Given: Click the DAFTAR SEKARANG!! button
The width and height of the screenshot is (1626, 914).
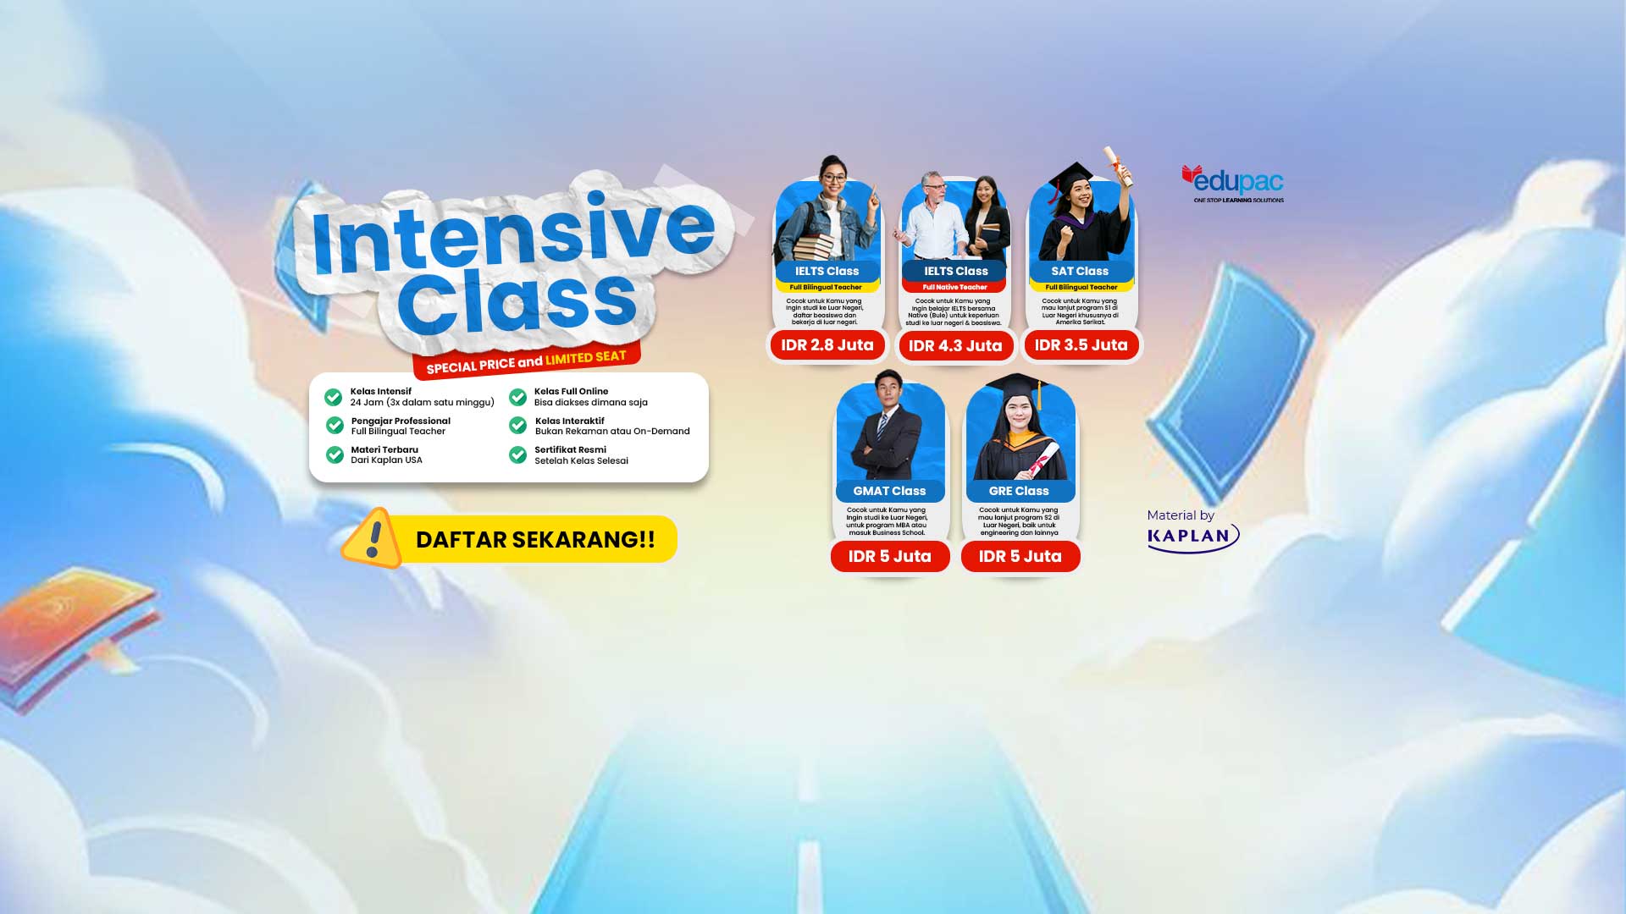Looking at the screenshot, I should [x=535, y=539].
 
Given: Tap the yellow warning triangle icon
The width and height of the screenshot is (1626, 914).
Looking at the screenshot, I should [x=373, y=538].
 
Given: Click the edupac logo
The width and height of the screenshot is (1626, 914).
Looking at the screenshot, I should [x=1233, y=183].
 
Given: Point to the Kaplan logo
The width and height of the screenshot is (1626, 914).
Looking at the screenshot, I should [x=1192, y=537].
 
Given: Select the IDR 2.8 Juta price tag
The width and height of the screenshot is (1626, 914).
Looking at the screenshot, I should [x=827, y=345].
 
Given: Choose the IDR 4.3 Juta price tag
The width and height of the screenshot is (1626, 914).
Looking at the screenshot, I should [x=955, y=346].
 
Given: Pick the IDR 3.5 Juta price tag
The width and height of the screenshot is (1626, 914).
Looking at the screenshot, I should [x=1081, y=345].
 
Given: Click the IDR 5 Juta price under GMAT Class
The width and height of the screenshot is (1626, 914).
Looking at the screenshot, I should [x=889, y=556].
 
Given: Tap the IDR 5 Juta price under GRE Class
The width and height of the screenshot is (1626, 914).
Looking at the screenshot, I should [x=1020, y=556].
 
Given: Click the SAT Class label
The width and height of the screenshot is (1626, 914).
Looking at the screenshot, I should [x=1080, y=272].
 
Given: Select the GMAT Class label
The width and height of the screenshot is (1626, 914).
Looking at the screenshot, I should [x=889, y=491].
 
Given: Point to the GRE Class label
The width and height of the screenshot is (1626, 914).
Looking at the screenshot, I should [x=1019, y=491].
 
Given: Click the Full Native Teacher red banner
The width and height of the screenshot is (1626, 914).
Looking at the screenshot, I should [x=954, y=287].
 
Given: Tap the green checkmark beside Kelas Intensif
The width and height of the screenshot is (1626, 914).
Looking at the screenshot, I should [x=334, y=397].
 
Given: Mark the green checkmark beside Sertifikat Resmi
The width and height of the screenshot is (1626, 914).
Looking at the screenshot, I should [x=517, y=455].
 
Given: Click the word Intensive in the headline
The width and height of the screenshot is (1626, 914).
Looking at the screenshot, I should [x=513, y=233].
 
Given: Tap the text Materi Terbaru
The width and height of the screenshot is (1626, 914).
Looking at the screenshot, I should [x=384, y=450].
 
